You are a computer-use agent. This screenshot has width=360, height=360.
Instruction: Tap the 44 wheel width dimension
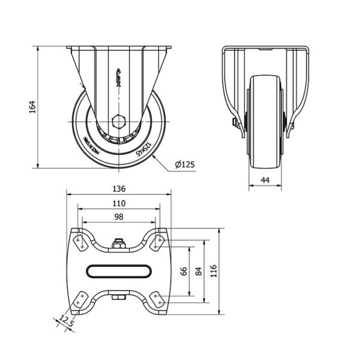265,179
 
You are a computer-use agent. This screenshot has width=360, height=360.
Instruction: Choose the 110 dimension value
118,203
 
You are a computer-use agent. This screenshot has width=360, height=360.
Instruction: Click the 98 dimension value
118,217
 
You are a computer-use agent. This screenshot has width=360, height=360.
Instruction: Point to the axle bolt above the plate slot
118,244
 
